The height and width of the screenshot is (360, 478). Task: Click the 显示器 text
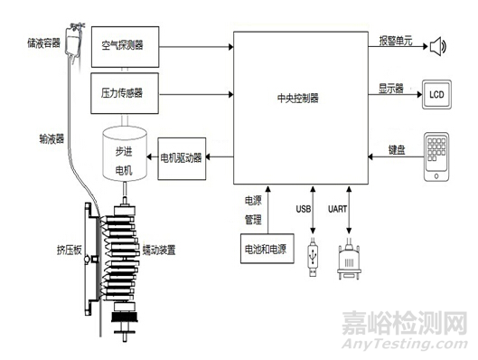pyautogui.click(x=390, y=88)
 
